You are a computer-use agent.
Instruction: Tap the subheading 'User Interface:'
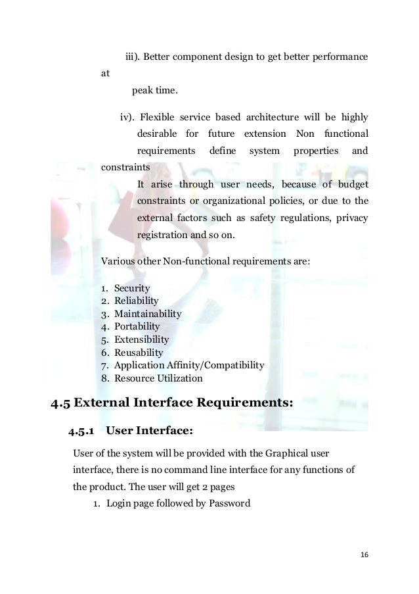pyautogui.click(x=149, y=432)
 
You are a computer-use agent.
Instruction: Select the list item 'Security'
pyautogui.click(x=132, y=288)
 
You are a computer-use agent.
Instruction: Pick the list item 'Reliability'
pyautogui.click(x=137, y=301)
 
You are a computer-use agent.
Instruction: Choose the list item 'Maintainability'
pyautogui.click(x=148, y=314)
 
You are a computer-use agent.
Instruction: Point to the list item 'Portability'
pyautogui.click(x=137, y=326)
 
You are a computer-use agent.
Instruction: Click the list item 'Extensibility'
pyautogui.click(x=141, y=339)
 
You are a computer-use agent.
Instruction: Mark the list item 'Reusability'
pyautogui.click(x=139, y=353)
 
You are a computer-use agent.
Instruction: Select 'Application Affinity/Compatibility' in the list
pyautogui.click(x=189, y=365)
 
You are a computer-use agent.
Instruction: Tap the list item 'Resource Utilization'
pyautogui.click(x=158, y=378)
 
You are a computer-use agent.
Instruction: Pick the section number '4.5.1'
pyautogui.click(x=82, y=432)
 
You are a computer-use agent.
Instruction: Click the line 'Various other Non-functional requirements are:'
pyautogui.click(x=206, y=261)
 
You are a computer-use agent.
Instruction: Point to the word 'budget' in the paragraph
pyautogui.click(x=352, y=184)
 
